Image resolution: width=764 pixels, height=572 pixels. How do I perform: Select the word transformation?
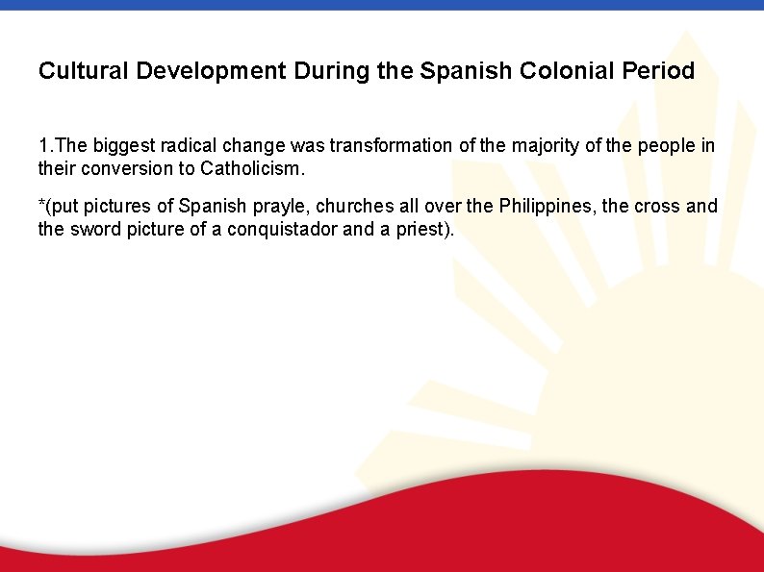pyautogui.click(x=390, y=146)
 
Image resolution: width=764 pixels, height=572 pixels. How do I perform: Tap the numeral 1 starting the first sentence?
pyautogui.click(x=43, y=146)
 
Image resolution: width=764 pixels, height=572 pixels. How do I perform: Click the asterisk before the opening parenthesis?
pyautogui.click(x=41, y=205)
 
